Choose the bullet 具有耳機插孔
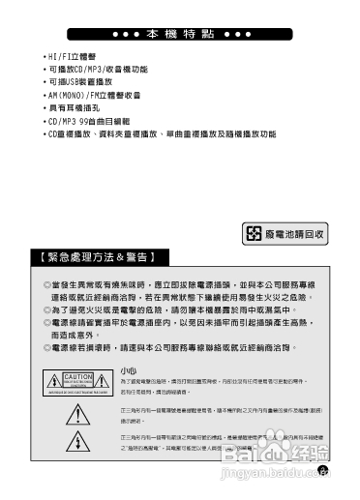(77, 108)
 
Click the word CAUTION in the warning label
(78, 376)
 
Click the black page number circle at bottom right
(323, 471)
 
